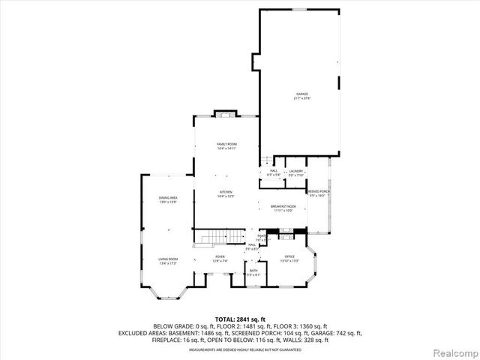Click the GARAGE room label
point(302,94)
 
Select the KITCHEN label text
point(226,192)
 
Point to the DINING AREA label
point(167,198)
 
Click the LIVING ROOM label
point(167,259)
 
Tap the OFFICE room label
point(289,259)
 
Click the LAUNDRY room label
point(295,171)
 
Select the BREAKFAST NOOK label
point(283,206)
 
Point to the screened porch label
point(318,192)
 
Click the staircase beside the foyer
point(211,239)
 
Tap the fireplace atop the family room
point(226,114)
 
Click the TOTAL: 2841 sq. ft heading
point(240,319)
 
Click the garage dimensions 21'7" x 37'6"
point(302,98)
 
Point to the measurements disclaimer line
point(240,349)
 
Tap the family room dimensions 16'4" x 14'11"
point(226,148)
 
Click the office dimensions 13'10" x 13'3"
point(289,263)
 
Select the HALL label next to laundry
point(274,171)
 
